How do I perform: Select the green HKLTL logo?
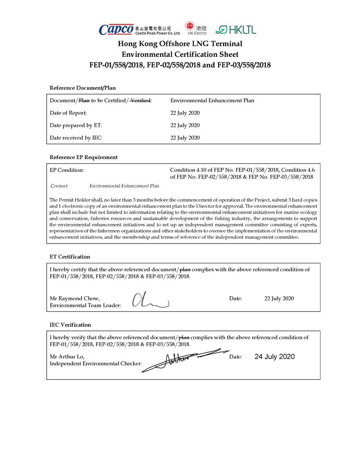[x=235, y=30]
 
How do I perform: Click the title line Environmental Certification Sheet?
[x=180, y=54]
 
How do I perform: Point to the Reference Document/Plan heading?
[x=83, y=88]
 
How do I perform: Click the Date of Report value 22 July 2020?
[x=185, y=113]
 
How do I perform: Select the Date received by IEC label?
[x=76, y=138]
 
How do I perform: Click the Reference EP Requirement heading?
[x=84, y=157]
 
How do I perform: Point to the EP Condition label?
[x=67, y=170]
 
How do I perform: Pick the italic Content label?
[x=59, y=186]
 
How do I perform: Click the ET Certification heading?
[x=70, y=256]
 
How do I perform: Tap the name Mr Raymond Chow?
[x=75, y=298]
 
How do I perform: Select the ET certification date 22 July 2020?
[x=279, y=298]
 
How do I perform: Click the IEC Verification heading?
[x=70, y=325]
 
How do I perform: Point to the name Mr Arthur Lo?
[x=67, y=356]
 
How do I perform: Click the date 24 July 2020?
[x=274, y=356]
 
